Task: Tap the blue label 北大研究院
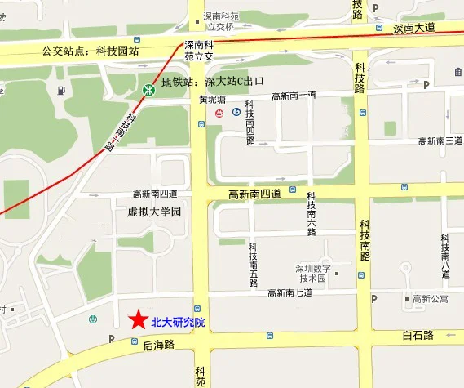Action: tap(179, 322)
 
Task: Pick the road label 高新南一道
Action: tap(293, 96)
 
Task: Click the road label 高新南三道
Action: tap(440, 141)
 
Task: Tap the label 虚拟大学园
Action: tap(154, 212)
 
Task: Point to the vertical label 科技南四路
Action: tap(250, 123)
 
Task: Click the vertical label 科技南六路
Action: tap(312, 215)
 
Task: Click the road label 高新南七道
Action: tap(289, 292)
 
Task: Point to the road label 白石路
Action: tap(418, 335)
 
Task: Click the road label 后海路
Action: tap(159, 345)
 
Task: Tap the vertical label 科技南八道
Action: tap(445, 255)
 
